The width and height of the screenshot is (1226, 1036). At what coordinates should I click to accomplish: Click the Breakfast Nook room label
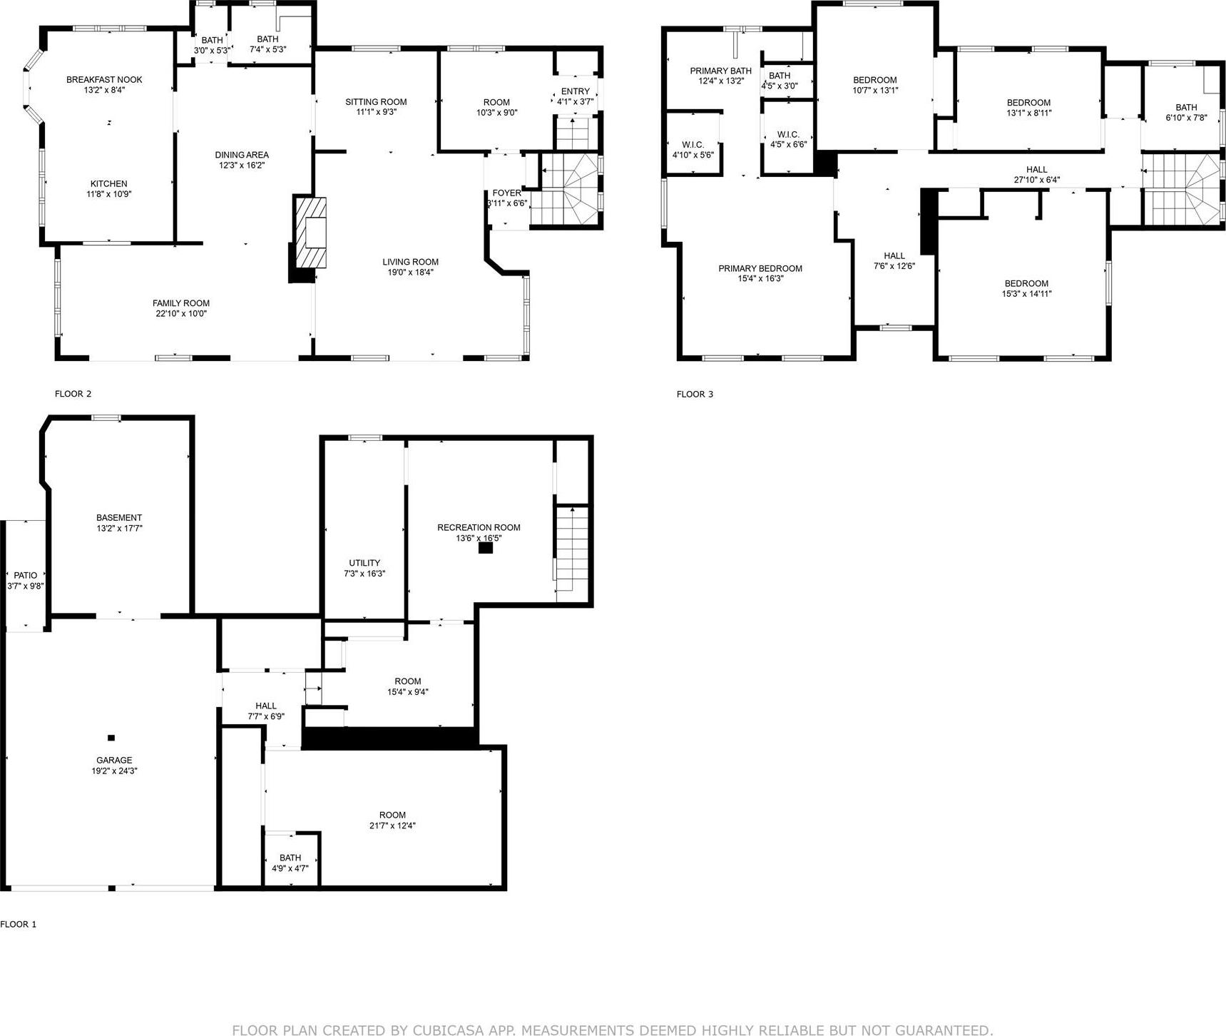pyautogui.click(x=104, y=80)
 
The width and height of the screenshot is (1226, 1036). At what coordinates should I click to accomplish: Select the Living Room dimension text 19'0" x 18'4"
pyautogui.click(x=410, y=272)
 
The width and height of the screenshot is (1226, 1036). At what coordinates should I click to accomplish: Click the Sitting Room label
pyautogui.click(x=376, y=102)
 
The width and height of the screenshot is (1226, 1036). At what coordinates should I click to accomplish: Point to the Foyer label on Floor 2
pyautogui.click(x=506, y=193)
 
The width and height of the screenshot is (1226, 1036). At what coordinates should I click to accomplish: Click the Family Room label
pyautogui.click(x=180, y=303)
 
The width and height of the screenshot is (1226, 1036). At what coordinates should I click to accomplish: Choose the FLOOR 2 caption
pyautogui.click(x=73, y=394)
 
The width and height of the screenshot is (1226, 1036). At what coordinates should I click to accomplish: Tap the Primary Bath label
pyautogui.click(x=720, y=71)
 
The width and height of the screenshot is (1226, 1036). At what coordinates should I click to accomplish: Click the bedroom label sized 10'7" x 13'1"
pyautogui.click(x=875, y=80)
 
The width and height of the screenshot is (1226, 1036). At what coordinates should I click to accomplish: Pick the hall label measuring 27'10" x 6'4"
pyautogui.click(x=1036, y=170)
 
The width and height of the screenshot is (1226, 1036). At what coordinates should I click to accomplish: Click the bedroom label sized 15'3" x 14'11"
pyautogui.click(x=1026, y=283)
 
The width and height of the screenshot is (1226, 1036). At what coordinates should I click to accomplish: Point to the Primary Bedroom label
pyautogui.click(x=760, y=269)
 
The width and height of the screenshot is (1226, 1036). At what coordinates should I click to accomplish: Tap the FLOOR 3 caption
pyautogui.click(x=695, y=394)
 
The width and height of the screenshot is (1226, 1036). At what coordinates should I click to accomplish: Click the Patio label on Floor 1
pyautogui.click(x=26, y=575)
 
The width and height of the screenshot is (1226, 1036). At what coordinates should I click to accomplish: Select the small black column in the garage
pyautogui.click(x=111, y=738)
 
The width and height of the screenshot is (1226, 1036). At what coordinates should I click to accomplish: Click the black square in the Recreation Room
pyautogui.click(x=485, y=548)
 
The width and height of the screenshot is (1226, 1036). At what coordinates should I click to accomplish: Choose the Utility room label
pyautogui.click(x=364, y=563)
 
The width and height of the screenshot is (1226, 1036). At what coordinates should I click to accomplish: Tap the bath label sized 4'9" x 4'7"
pyautogui.click(x=290, y=858)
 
